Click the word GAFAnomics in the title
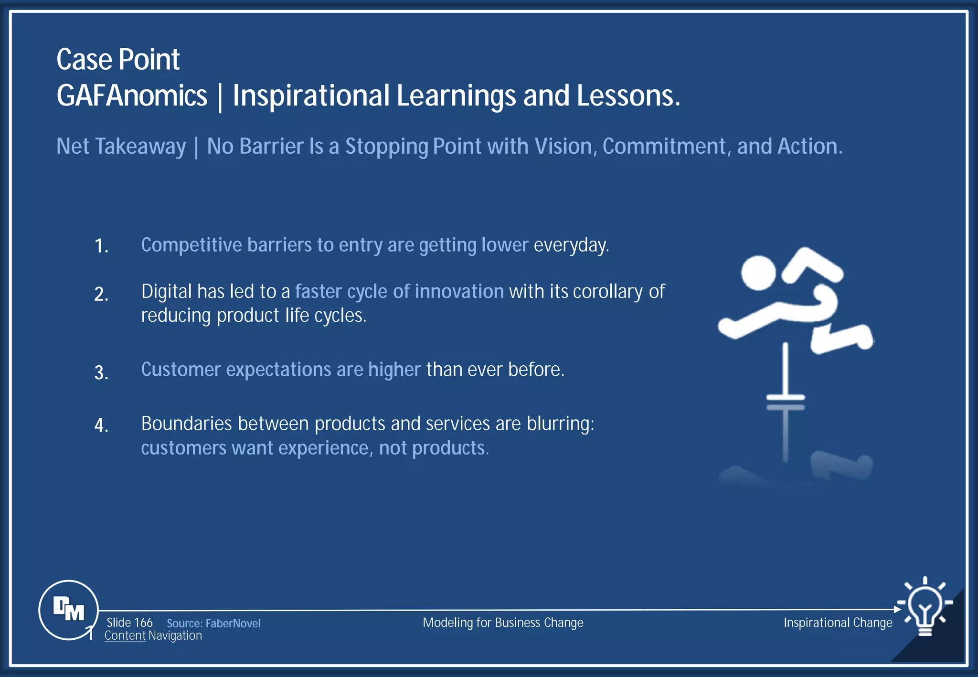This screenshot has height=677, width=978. coord(132,96)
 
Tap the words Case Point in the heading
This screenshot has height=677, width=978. coord(118,60)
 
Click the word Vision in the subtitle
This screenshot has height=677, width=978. coord(563,146)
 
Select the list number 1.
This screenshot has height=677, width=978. coord(101,246)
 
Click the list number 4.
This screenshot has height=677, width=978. coord(101,425)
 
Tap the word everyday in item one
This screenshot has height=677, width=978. coord(571,245)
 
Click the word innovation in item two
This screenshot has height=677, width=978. coord(459,291)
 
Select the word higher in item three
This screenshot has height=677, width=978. coord(394,370)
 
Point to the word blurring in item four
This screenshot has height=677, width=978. coord(560,424)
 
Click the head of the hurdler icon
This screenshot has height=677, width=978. coord(758,273)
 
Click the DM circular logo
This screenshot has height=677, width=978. coord(68,610)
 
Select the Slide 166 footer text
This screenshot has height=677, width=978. coord(129,623)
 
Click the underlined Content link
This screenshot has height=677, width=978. coord(125,636)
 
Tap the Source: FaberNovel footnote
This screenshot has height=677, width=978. coord(213,624)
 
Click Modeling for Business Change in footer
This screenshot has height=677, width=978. coord(503,623)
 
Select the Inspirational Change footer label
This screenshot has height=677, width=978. coord(838,623)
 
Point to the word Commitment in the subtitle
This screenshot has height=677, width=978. coord(664,146)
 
